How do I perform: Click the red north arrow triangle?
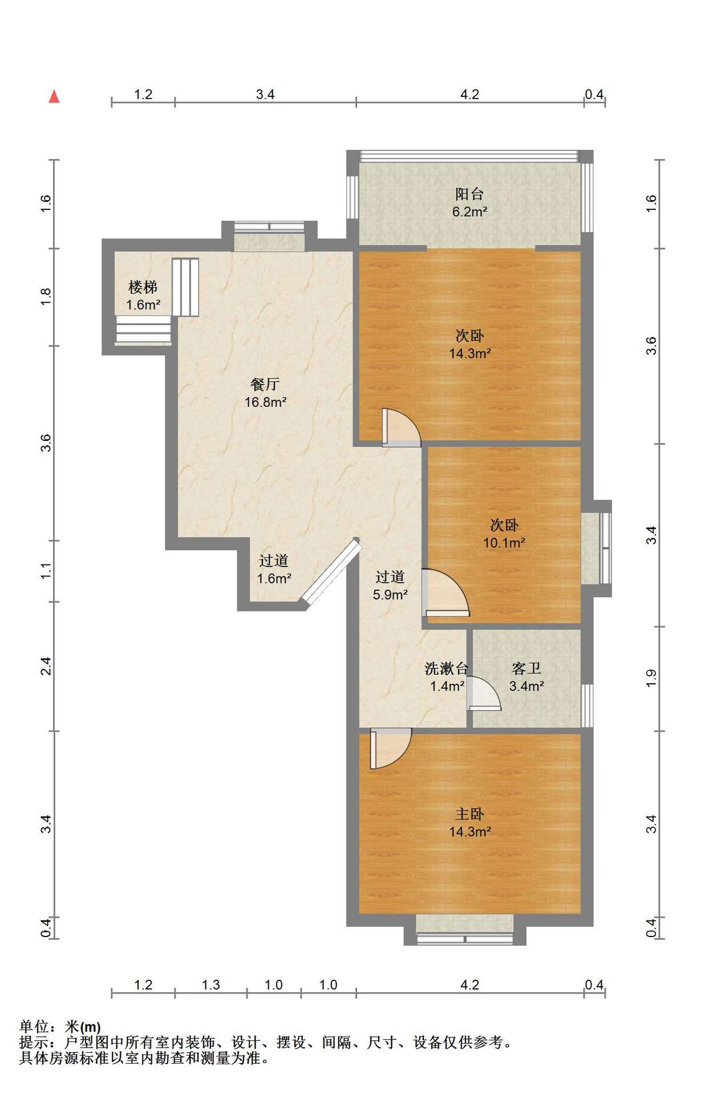point(54,96)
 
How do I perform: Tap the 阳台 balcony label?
point(469,194)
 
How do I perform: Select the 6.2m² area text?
point(469,212)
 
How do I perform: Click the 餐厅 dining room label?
point(265,384)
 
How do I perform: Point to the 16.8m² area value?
point(265,402)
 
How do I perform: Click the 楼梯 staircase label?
point(143,287)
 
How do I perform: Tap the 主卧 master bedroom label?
point(469,814)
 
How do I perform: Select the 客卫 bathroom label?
point(526,668)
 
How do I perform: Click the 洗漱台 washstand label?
point(447,668)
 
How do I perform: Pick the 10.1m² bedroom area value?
point(504,543)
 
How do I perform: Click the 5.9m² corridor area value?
point(390,595)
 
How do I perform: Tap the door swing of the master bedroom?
point(390,748)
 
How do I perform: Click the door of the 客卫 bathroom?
point(483,693)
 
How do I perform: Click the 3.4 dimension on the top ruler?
point(265,94)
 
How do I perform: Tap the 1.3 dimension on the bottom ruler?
point(210,985)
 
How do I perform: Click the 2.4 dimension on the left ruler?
point(46,666)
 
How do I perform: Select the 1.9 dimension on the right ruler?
point(651,678)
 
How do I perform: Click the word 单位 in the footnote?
point(34,1027)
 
